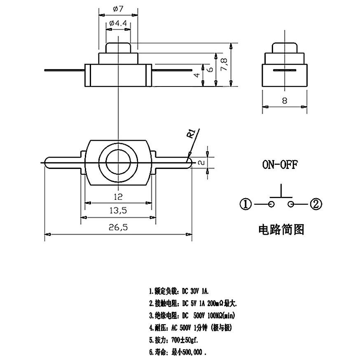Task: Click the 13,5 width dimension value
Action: coord(118,210)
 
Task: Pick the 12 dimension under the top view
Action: coord(118,196)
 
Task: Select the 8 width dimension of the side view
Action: coord(285,101)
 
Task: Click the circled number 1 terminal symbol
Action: coord(245,204)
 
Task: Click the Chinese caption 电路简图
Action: coord(281,229)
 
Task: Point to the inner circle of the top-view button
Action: coord(118,163)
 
